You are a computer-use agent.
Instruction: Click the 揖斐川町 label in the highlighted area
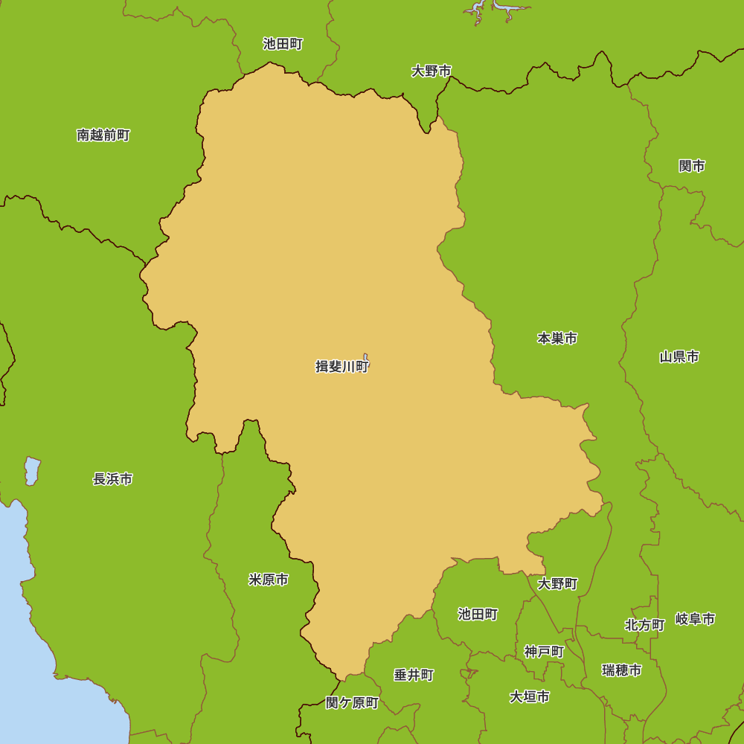pos(341,366)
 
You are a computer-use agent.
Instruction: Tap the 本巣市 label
pos(557,339)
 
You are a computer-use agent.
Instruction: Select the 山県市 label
pos(679,357)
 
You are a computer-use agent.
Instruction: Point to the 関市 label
pos(692,166)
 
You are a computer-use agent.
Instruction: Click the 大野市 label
pos(432,71)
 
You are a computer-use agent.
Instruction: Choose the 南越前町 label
pos(103,135)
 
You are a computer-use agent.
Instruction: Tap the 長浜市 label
pos(113,479)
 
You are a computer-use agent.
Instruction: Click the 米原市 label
pos(269,580)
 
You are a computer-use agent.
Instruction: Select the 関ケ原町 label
pos(353,703)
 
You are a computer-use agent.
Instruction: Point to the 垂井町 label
pos(414,675)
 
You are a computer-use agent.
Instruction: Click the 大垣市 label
pos(530,697)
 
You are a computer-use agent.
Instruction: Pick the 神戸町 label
pos(544,652)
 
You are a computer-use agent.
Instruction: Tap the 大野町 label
pos(558,584)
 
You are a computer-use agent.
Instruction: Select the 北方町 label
pos(644,625)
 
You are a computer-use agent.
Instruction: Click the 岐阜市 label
pos(696,619)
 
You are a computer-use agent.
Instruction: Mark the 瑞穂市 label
pos(622,670)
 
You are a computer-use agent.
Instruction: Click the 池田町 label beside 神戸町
pos(478,614)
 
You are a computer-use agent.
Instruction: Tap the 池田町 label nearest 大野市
pos(283,44)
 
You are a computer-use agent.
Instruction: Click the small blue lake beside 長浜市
pos(31,471)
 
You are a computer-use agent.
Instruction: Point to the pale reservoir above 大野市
pos(495,9)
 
